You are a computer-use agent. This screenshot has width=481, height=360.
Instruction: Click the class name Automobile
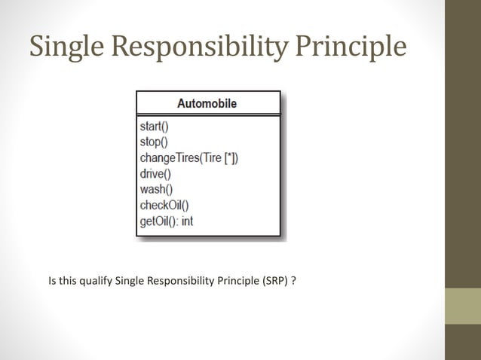click(x=207, y=103)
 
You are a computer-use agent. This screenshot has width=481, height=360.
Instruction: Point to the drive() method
click(x=155, y=174)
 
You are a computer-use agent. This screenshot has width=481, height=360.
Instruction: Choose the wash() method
click(x=156, y=190)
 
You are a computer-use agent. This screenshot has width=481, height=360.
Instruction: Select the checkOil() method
click(x=164, y=206)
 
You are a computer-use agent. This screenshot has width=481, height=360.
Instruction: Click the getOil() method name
click(x=157, y=221)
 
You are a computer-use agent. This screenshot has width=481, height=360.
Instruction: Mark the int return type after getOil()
click(x=187, y=221)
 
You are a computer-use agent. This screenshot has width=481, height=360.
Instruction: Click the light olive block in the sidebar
click(x=462, y=306)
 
